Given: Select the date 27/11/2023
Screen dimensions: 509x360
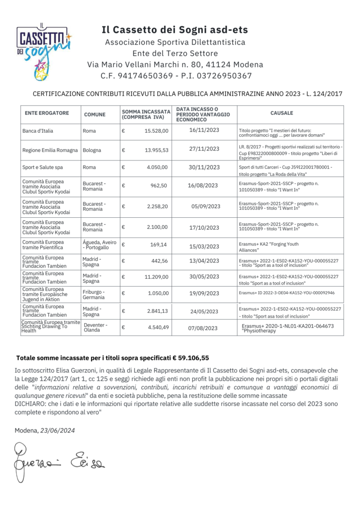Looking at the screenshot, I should pos(204,149).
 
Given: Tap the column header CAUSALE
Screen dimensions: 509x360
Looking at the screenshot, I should pos(281,113).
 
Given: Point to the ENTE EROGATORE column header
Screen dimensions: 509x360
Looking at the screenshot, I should pos(47,113).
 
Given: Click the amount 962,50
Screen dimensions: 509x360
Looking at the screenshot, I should pos(160,185).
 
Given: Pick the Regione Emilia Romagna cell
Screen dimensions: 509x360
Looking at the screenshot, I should pos(50,150).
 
